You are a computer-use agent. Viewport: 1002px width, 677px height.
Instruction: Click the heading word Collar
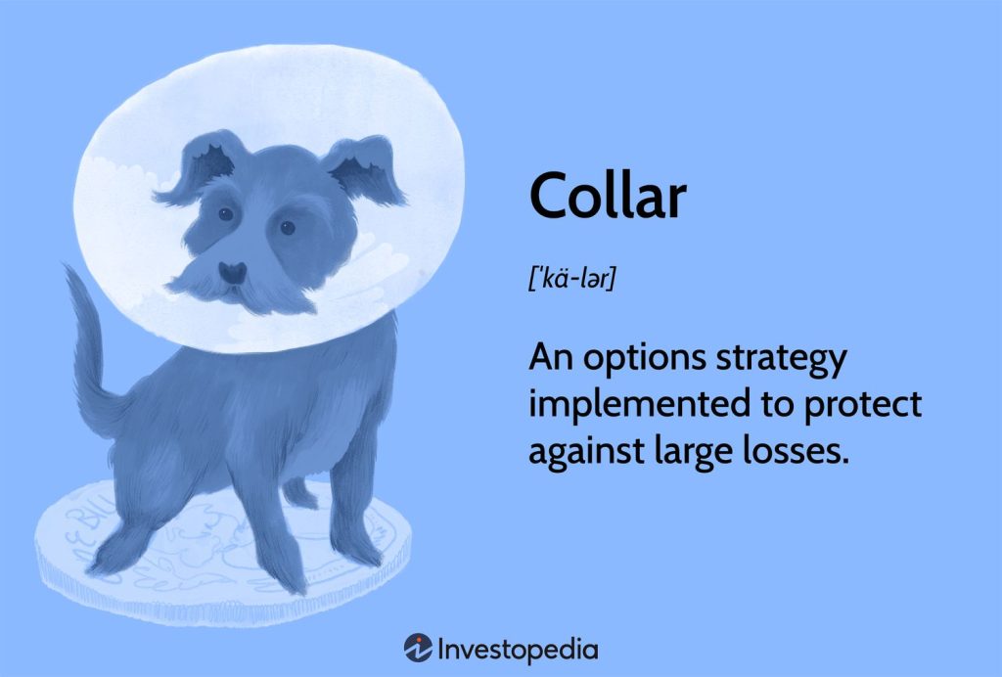click(608, 197)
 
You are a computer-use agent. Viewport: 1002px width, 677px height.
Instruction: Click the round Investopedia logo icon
click(419, 648)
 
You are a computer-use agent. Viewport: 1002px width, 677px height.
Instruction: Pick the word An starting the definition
click(550, 358)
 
